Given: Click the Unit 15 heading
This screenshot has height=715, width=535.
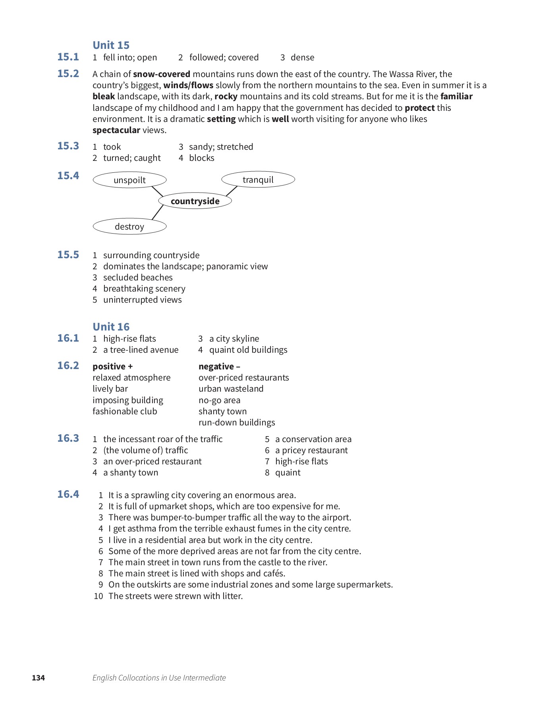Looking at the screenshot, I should pos(111,45).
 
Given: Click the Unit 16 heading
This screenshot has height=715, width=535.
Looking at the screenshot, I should pos(111,327).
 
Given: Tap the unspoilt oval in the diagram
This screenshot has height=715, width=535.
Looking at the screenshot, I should pos(129,180).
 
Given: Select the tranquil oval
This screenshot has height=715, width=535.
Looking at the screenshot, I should pos(258,180).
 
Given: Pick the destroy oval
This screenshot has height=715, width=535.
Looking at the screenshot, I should pos(129,226).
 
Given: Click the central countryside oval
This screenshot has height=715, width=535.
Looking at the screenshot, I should pos(195,201).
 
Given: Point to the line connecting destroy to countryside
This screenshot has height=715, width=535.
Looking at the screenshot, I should pos(157,213).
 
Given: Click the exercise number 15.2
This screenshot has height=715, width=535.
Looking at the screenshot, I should pos(68,74).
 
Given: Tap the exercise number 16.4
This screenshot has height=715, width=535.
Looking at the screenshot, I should pos(68,494).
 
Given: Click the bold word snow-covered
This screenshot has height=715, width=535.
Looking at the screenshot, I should pos(162,74).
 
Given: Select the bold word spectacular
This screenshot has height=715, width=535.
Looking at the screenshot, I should pos(116,130).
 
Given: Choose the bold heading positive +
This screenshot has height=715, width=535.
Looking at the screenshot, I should pos(112,366).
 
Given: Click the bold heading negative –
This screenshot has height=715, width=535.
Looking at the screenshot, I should pos(219,366).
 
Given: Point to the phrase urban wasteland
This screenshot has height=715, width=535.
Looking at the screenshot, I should pos(231,389).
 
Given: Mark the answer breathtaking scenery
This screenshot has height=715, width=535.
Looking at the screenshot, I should pos(144,289).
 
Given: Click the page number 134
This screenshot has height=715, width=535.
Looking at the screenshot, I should pos(39,678).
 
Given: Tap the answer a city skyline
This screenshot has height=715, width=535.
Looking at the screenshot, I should pos(234,339).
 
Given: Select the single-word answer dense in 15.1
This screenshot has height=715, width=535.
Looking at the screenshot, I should pos(302,58).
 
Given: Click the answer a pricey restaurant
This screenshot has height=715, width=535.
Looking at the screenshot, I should pos(311,450).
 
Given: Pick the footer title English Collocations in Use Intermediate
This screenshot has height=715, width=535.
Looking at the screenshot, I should pos(159,678).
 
